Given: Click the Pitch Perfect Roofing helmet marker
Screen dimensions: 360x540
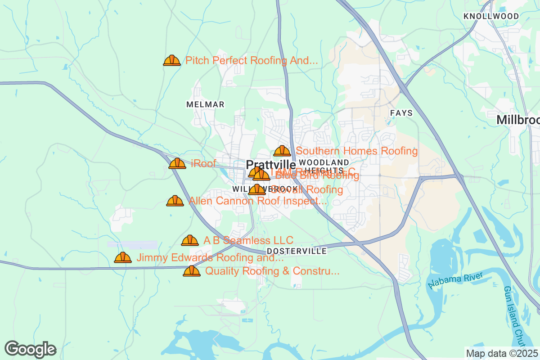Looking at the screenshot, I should [172, 60].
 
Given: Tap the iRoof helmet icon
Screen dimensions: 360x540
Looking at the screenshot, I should [177, 163].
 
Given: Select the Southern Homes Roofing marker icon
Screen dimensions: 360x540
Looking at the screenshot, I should [282, 151].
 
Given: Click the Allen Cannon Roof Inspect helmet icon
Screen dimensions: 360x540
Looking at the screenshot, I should [175, 201].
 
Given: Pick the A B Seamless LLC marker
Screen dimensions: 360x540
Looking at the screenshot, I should [190, 240].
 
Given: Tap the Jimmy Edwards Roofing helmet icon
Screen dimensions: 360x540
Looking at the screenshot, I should [123, 257].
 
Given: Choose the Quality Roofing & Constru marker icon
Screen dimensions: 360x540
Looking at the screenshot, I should [192, 271].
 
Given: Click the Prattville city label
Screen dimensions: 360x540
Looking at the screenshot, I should [271, 165].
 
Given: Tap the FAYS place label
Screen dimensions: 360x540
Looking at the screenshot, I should [401, 113].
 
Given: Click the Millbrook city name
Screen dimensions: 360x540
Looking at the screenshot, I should [518, 120].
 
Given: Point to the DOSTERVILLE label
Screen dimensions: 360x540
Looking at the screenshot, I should [297, 251].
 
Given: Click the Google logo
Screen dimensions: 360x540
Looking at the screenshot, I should [30, 349].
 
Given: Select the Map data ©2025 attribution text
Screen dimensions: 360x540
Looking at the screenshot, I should [502, 353].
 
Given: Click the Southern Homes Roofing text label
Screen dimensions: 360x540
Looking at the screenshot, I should [357, 151].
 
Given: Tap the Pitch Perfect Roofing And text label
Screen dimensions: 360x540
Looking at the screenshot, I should [252, 60].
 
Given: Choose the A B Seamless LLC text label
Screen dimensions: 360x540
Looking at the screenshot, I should [248, 240].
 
